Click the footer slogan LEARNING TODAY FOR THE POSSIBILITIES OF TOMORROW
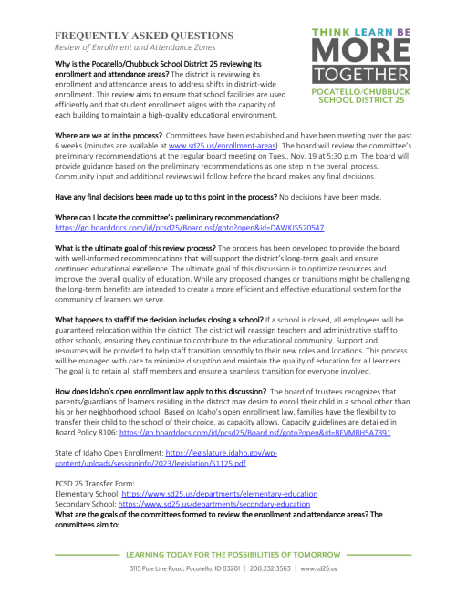(x=233, y=554)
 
